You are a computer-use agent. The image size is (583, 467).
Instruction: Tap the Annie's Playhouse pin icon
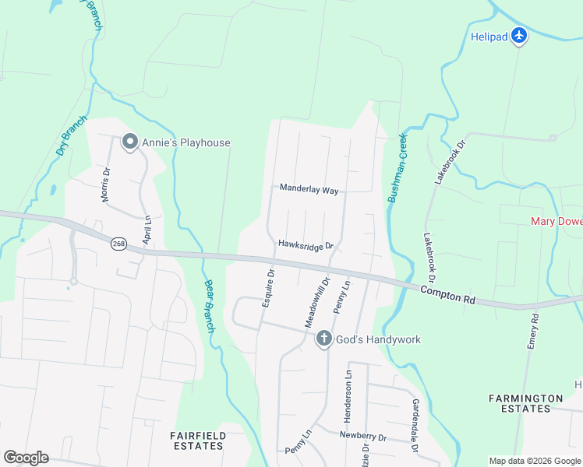[x=129, y=142]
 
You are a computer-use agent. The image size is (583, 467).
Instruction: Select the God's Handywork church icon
[x=324, y=339]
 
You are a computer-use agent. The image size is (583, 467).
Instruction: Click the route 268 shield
[x=118, y=244]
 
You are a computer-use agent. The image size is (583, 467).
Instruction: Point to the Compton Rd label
[x=447, y=293]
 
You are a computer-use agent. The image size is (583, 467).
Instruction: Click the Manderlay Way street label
[x=309, y=189]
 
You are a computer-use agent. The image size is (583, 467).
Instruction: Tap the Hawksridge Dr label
[x=306, y=244]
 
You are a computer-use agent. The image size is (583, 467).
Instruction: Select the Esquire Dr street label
[x=267, y=288]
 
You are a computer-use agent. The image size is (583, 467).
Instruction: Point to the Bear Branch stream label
[x=209, y=305]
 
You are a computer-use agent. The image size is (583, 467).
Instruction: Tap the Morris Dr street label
[x=106, y=184]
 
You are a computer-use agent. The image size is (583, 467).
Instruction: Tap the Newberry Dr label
[x=363, y=437]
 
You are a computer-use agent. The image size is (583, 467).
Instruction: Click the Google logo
[x=26, y=458]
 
